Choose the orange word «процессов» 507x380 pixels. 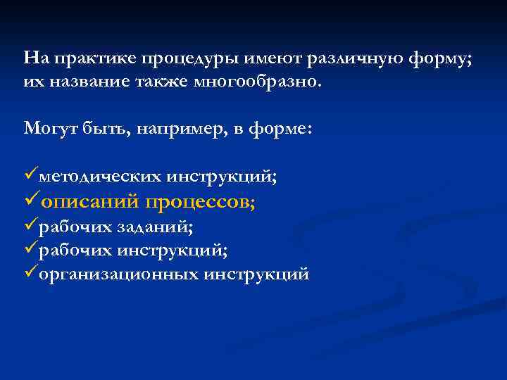pyautogui.click(x=200, y=202)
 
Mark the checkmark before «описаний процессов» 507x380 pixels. pyautogui.click(x=31, y=201)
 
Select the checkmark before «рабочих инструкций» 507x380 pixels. pyautogui.click(x=30, y=249)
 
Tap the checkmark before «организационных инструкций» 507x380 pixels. pyautogui.click(x=30, y=273)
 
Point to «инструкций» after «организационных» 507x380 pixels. pyautogui.click(x=256, y=274)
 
